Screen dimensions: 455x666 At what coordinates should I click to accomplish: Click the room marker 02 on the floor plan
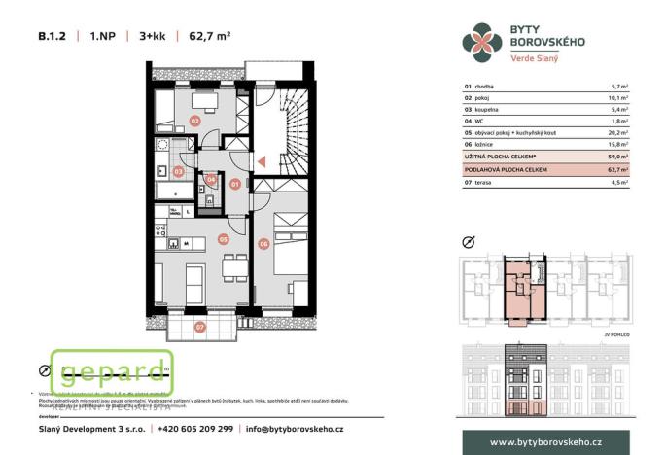[x=195, y=122]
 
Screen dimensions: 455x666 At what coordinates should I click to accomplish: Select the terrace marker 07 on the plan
[x=200, y=327]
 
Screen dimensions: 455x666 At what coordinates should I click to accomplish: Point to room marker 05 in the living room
[x=223, y=237]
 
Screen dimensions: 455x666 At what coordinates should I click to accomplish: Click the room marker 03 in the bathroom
[x=178, y=171]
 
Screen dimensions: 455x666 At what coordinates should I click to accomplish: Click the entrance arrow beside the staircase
[x=260, y=162]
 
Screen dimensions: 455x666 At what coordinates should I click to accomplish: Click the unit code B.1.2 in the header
[x=52, y=38]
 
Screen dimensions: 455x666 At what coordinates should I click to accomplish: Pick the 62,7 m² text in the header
[x=209, y=38]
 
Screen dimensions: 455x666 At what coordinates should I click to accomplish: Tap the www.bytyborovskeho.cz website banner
[x=544, y=442]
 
